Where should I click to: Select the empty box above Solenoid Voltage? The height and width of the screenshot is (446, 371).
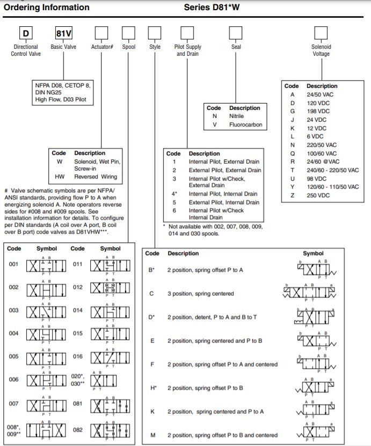pos(321,33)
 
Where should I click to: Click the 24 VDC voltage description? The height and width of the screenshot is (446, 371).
pos(317,120)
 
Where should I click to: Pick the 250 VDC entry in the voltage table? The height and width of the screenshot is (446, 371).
pos(318,196)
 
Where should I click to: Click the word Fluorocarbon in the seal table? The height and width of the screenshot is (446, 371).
pos(246,124)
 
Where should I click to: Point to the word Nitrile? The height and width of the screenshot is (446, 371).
pos(236,116)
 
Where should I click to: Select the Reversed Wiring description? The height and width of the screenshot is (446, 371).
pos(97,176)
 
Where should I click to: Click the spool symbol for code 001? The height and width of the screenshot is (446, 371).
pos(47,265)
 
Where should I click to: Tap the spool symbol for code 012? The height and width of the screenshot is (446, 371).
pos(110,288)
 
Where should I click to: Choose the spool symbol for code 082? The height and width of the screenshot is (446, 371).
pos(110,430)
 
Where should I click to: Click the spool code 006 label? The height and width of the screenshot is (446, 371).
pos(14,380)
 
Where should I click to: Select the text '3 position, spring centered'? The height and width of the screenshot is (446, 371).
pos(200,294)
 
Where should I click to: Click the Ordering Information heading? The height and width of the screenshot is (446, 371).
pos(47,8)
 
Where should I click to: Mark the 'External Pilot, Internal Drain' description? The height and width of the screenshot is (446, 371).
pos(224,203)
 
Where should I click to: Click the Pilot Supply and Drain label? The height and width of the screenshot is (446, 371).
pos(187,50)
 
